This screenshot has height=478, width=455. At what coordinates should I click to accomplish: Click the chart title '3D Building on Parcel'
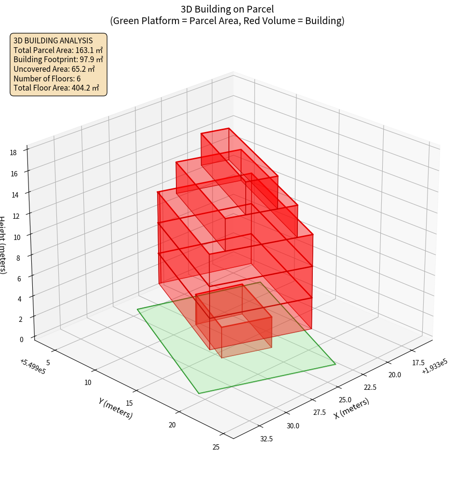point(227,9)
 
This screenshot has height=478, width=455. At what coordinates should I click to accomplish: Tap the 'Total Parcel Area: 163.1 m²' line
point(58,50)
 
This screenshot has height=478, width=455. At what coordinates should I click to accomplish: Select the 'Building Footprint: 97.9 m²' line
point(58,59)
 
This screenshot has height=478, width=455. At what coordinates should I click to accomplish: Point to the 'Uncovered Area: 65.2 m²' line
point(54,69)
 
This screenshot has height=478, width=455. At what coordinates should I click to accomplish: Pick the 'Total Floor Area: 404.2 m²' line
point(56,88)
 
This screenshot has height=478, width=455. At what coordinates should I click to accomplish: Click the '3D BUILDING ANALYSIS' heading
point(53,40)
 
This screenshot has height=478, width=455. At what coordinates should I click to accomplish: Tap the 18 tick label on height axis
point(13,152)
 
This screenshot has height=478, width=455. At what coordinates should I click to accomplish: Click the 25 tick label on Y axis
point(215,447)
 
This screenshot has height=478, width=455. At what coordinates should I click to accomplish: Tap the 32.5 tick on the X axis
point(266,438)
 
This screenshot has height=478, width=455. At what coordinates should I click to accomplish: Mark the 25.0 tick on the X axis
point(345,400)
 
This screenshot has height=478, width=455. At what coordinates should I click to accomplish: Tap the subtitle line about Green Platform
point(227,21)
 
